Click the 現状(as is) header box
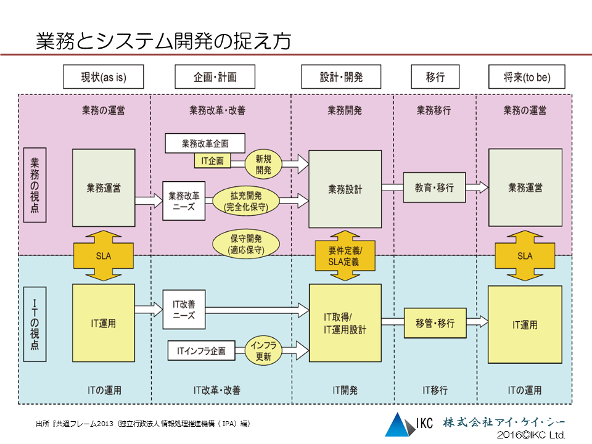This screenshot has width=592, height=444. click(x=104, y=77)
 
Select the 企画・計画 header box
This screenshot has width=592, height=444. click(x=215, y=77)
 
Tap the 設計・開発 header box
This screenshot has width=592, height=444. click(x=341, y=77)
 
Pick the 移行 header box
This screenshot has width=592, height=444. click(x=435, y=77)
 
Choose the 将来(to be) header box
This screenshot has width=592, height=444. click(x=527, y=77)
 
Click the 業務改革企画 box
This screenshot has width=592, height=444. click(x=205, y=144)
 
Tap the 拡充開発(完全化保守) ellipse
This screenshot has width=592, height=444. click(x=246, y=201)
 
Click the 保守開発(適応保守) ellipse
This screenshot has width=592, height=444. click(x=246, y=244)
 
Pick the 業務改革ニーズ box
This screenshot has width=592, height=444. click(x=184, y=201)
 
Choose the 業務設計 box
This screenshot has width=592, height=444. click(x=345, y=189)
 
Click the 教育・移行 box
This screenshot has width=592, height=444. click(x=434, y=187)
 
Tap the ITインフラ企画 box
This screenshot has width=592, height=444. click(x=201, y=351)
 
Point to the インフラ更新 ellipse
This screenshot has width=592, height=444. click(x=264, y=351)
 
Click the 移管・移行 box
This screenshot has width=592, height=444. click(x=435, y=323)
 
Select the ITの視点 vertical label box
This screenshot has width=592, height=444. click(x=35, y=324)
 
